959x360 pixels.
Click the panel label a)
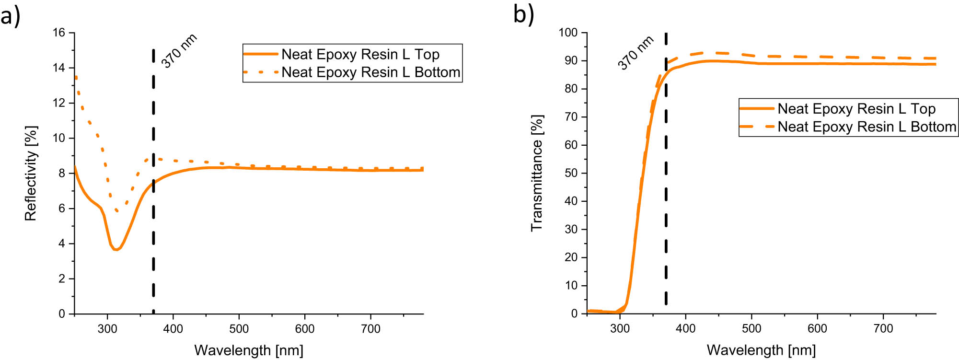coord(11,15)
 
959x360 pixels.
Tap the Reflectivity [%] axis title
coord(31,173)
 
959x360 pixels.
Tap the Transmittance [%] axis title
coord(537,173)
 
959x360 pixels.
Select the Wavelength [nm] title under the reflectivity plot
coord(249,350)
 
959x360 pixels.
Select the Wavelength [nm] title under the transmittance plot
coord(761,350)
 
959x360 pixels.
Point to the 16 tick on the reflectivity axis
coord(59,33)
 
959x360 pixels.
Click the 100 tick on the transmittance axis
coord(568,33)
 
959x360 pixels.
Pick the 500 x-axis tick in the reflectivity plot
coord(239,329)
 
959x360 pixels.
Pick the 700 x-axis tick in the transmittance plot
coord(883,329)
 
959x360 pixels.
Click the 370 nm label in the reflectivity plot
coord(179,51)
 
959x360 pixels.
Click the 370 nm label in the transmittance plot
coord(635,53)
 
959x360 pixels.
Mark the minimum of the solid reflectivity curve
coord(116,249)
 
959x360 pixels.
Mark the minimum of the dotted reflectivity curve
coord(117,210)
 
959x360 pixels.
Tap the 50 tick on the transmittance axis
coord(571,173)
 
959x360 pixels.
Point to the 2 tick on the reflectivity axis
coord(62,279)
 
